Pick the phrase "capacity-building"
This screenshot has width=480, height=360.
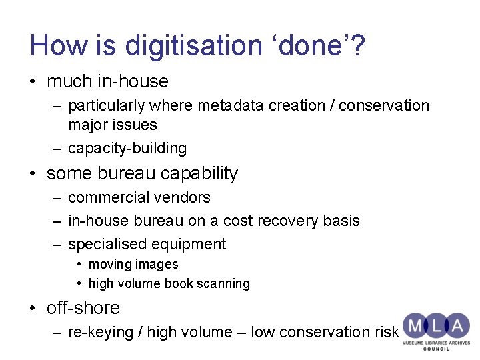coord(127,148)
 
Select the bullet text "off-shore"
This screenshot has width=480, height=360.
coord(83,308)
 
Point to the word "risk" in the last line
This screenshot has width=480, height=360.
coord(386,332)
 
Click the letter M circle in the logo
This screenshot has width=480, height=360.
coord(415,326)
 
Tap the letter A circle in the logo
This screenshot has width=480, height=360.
coord(457,326)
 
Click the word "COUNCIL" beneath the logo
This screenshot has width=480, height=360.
coord(436,349)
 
